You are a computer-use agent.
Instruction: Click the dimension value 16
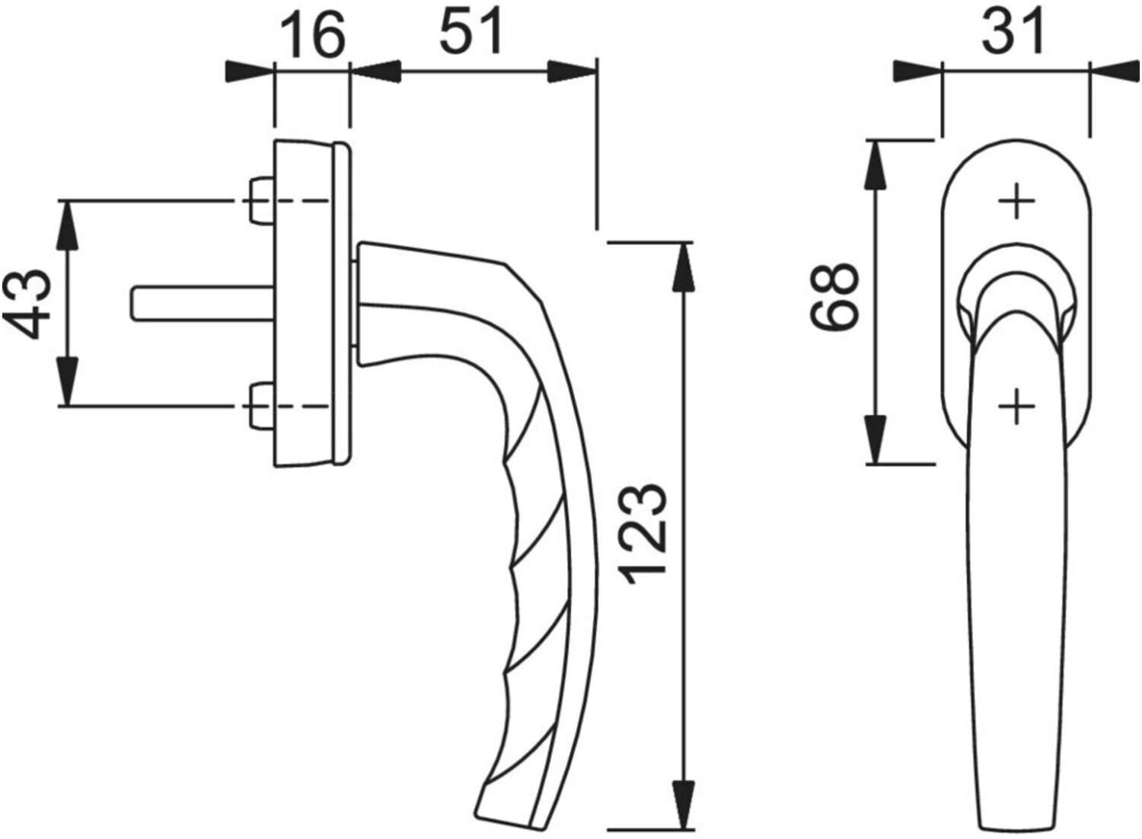click(x=311, y=36)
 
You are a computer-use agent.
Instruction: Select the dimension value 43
click(x=28, y=304)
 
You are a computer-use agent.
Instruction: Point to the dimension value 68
click(x=835, y=297)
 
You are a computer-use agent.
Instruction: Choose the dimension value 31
click(x=1015, y=32)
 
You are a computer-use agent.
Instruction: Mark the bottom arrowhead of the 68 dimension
click(x=876, y=442)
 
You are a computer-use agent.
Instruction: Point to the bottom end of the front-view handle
click(x=1016, y=826)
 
